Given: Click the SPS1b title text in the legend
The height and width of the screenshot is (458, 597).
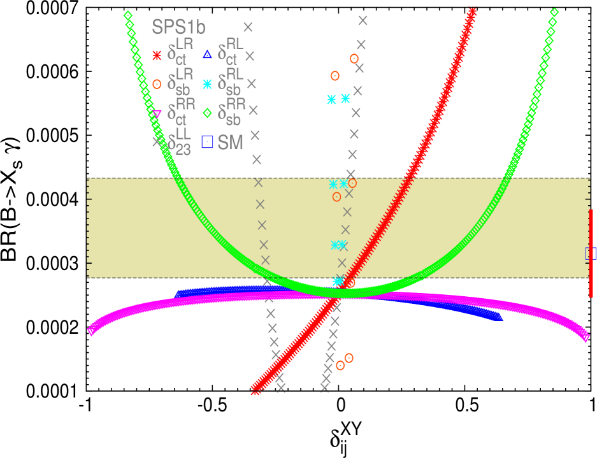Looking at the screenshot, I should click(178, 27).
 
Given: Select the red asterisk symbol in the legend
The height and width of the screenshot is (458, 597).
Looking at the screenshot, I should click(157, 55).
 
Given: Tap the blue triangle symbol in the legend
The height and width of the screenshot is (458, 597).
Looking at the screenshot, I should click(207, 55).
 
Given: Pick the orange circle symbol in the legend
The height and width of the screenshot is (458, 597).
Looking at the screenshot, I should click(157, 84).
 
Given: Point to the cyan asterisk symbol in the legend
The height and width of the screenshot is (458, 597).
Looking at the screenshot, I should click(207, 84).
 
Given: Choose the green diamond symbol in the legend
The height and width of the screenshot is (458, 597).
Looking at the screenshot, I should click(207, 113).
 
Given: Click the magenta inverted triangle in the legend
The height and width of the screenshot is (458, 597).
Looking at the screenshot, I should click(157, 113).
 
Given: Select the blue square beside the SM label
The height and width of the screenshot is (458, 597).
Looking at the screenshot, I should click(207, 142).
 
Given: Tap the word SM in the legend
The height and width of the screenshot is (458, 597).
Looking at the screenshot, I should click(231, 143).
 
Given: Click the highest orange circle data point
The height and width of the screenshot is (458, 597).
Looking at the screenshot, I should click(354, 59).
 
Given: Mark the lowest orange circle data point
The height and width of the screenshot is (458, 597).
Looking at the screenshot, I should click(340, 366).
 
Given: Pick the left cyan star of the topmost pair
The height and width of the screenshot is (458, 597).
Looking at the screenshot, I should click(331, 99).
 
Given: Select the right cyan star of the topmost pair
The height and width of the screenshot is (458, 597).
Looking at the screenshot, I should click(345, 98).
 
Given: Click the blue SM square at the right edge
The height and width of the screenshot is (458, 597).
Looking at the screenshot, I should click(591, 254).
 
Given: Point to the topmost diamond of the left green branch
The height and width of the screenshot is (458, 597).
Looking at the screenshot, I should click(128, 15).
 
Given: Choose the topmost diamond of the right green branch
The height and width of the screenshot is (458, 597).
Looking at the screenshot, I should click(554, 12).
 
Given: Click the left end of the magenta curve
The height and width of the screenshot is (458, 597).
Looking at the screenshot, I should click(90, 330).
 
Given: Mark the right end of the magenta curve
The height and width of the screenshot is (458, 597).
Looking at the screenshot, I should click(586, 338).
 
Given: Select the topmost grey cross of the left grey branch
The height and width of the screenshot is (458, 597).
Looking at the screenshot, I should click(248, 27).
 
